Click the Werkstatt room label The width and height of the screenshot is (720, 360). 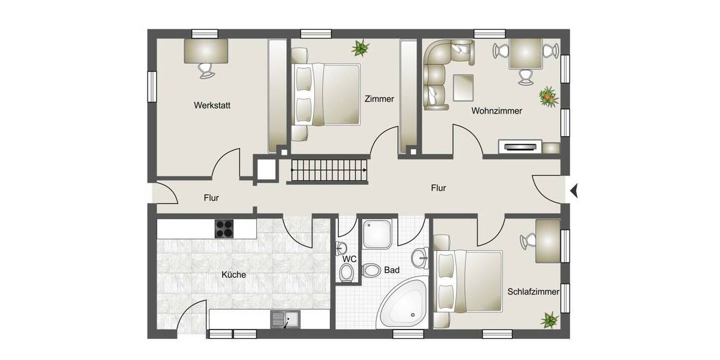coord(212,105)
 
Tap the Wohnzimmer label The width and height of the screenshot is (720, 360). coord(496,111)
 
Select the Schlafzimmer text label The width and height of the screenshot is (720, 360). coord(533,292)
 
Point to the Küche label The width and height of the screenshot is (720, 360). coord(233,275)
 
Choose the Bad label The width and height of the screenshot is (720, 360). coord(391,271)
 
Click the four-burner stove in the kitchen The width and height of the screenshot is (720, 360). coord(224,228)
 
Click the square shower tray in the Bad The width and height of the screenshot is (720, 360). coord(379,233)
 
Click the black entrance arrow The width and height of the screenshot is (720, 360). coord(574,190)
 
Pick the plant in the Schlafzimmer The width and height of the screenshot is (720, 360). coord(549,320)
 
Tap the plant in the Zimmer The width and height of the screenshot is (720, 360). coord(361,48)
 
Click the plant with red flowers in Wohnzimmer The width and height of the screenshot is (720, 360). coord(547,95)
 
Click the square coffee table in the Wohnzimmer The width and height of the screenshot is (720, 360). coord(463,87)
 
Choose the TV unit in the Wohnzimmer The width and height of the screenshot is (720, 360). coord(520,146)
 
